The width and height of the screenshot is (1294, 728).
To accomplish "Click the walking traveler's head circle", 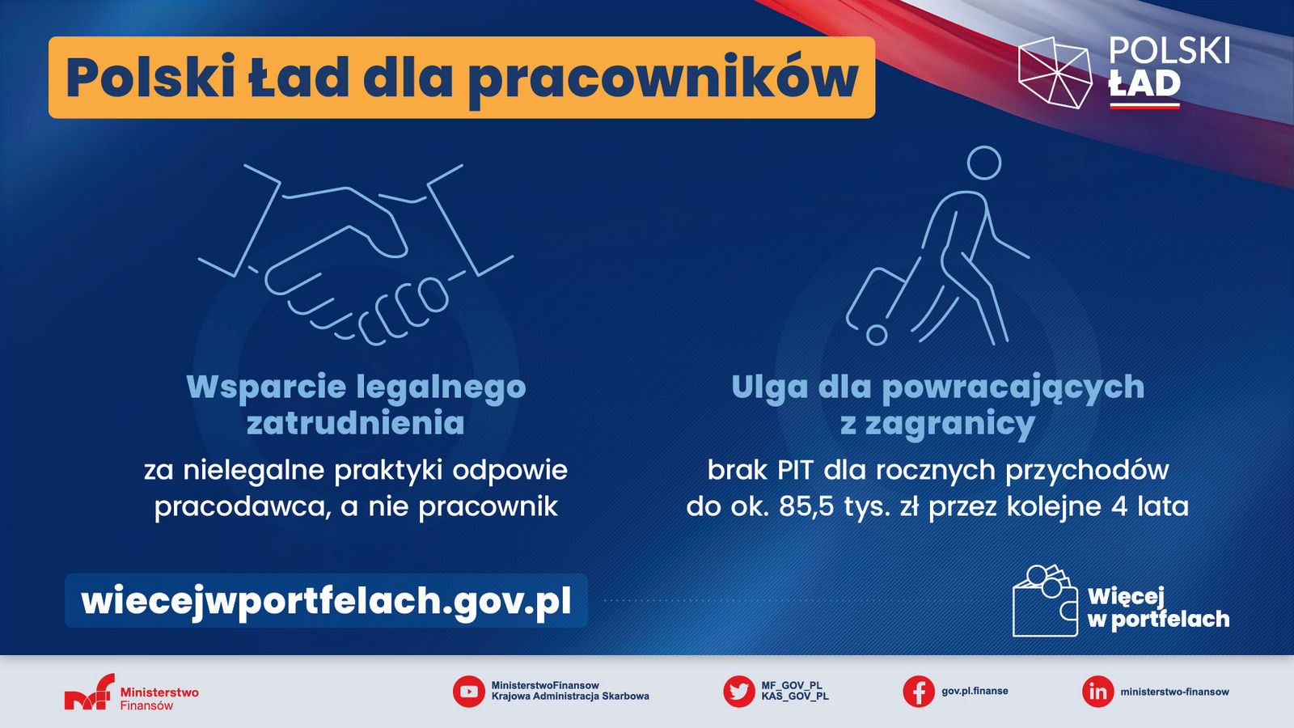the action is [983, 163].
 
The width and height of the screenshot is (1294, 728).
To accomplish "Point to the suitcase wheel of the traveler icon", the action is [877, 335].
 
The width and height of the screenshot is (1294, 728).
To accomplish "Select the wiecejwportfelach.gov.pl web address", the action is [327, 601].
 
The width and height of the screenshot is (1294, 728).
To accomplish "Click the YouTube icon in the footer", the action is [468, 692].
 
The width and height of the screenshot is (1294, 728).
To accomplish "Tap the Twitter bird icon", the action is [739, 692].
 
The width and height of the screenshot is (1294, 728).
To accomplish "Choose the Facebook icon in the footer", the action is [919, 692].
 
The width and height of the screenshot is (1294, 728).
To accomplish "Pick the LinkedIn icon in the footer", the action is [1097, 692].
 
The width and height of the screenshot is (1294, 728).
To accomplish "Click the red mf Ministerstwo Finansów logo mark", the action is [90, 692].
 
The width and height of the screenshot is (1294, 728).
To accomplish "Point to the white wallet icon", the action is [1045, 601].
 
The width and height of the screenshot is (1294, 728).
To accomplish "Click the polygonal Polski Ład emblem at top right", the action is [1055, 73].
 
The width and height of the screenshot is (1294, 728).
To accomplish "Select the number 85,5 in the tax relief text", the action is [806, 506].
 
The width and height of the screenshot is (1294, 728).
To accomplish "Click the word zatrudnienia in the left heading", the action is [356, 423].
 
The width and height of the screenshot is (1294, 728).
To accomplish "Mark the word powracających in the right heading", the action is [1013, 387].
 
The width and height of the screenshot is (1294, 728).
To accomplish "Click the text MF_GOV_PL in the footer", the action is [792, 686].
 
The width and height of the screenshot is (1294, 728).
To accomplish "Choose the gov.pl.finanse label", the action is [975, 691].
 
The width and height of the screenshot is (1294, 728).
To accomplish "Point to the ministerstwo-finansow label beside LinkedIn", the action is [1175, 692].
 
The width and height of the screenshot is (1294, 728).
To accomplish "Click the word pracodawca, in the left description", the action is [243, 507].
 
